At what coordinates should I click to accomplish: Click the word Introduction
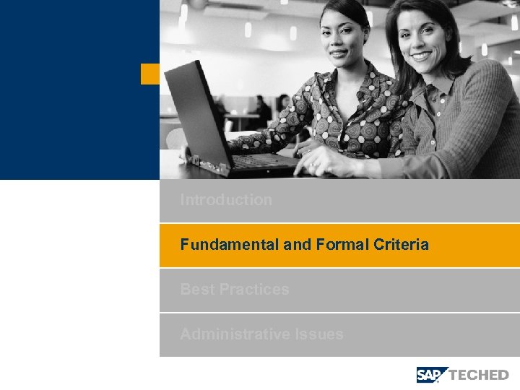[226, 200]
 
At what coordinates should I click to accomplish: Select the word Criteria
[401, 245]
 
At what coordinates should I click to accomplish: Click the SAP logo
[432, 374]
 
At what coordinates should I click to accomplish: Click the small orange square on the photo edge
[149, 74]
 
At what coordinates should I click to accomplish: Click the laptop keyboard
[260, 162]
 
